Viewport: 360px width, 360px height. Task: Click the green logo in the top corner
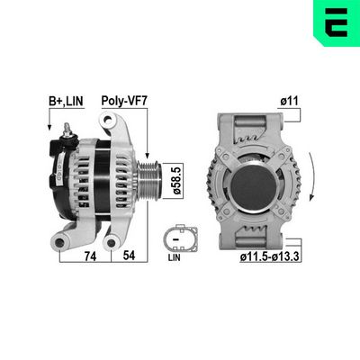coord(336,22)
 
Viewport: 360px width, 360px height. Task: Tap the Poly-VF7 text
coord(123,102)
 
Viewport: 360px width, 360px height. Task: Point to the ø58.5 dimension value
coord(177,178)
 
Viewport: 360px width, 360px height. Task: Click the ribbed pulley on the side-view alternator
coord(152,178)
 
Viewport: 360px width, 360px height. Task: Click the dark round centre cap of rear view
coord(254,179)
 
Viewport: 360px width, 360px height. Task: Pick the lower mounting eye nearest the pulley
coord(114,239)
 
